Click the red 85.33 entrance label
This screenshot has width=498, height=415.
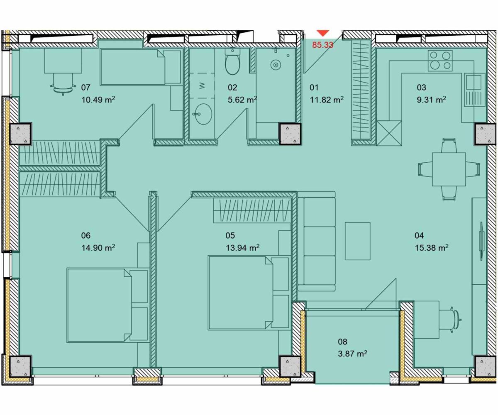pyautogui.click(x=323, y=45)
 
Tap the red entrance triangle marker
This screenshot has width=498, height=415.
pyautogui.click(x=323, y=33)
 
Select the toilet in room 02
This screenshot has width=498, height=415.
pyautogui.click(x=232, y=62)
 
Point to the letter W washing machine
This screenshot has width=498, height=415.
pyautogui.click(x=202, y=85)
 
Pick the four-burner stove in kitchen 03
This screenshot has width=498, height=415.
pyautogui.click(x=440, y=61)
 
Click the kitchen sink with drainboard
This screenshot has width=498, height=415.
pyautogui.click(x=474, y=90)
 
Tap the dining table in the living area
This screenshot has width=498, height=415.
pyautogui.click(x=449, y=169)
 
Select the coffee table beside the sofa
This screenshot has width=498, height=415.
pyautogui.click(x=357, y=241)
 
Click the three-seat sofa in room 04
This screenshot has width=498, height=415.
pyautogui.click(x=317, y=241)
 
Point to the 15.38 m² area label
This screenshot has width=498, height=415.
pyautogui.click(x=432, y=248)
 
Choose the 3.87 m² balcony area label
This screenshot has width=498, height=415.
pyautogui.click(x=352, y=354)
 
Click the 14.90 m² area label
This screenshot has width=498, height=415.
pyautogui.click(x=98, y=248)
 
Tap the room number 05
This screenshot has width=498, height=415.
pyautogui.click(x=230, y=236)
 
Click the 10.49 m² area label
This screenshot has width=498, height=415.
pyautogui.click(x=98, y=100)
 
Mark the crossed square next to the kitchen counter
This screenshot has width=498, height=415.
pyautogui.click(x=389, y=133)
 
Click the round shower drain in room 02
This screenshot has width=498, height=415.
pyautogui.click(x=276, y=65)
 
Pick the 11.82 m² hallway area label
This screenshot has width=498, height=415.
pyautogui.click(x=327, y=100)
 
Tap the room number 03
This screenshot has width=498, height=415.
pyautogui.click(x=422, y=88)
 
